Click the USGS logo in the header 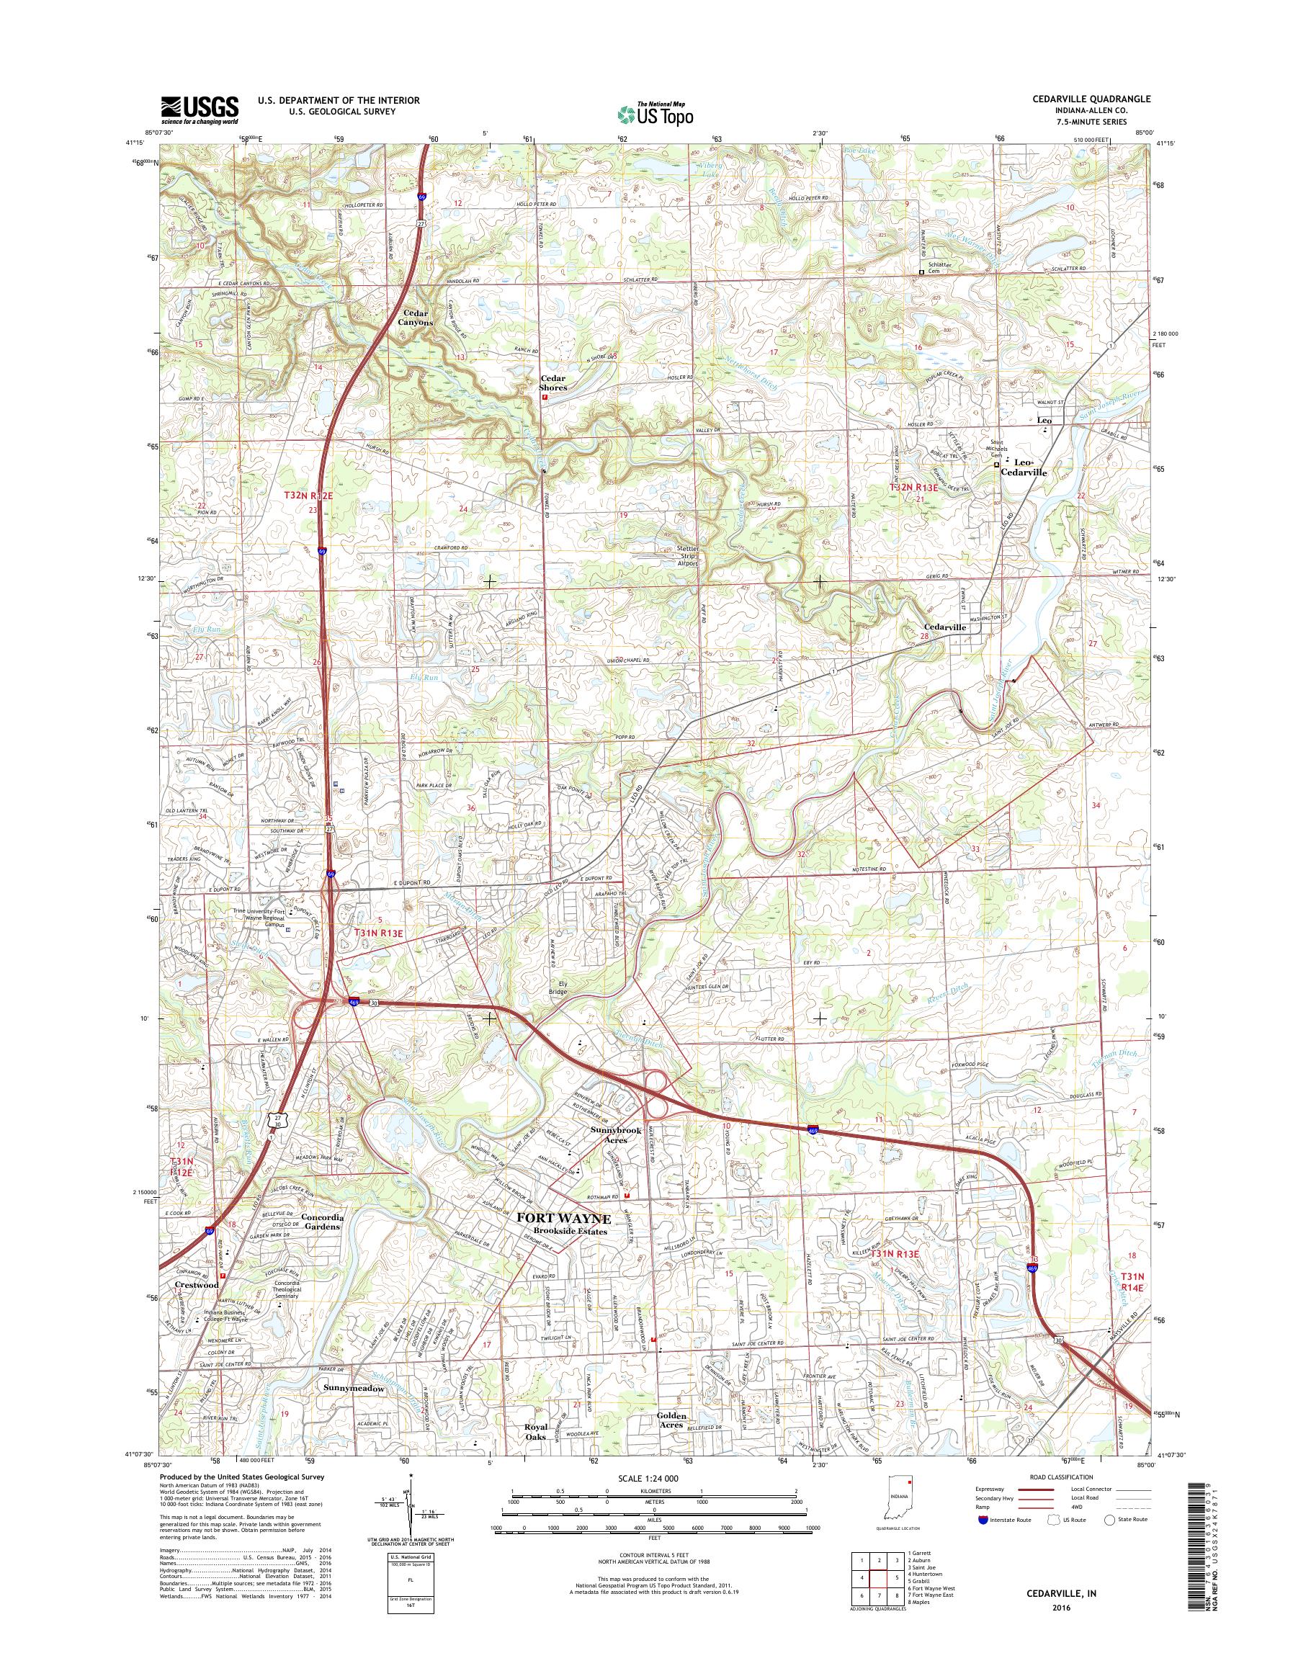click(x=200, y=110)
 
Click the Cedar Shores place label click(x=552, y=383)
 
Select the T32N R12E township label click(x=307, y=496)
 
